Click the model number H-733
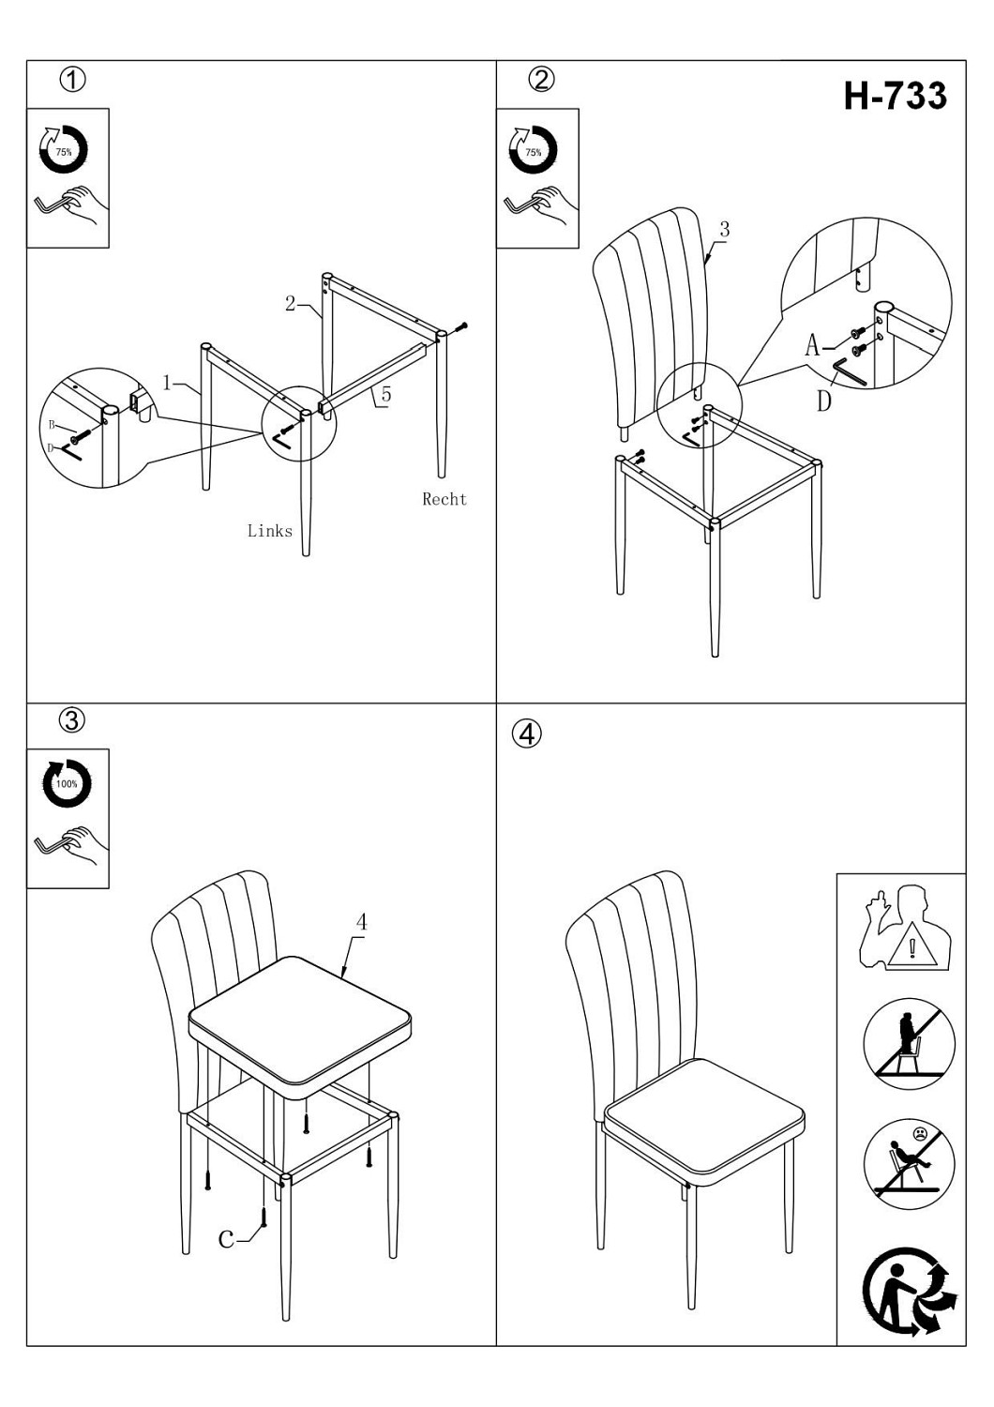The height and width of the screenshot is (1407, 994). tap(895, 96)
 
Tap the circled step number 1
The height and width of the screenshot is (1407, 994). tap(72, 80)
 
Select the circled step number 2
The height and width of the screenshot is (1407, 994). tap(541, 80)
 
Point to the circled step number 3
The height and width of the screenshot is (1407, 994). tap(71, 719)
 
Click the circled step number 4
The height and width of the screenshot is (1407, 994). tap(527, 733)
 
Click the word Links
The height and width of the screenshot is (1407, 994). tap(270, 532)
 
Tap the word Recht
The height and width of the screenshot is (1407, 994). tap(444, 499)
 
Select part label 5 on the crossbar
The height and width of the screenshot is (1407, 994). tap(386, 395)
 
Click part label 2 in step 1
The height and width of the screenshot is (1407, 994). tap(290, 303)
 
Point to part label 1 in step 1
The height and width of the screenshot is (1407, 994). tap(167, 382)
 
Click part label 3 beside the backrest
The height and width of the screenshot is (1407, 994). tap(725, 229)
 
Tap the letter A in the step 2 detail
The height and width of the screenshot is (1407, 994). tap(812, 345)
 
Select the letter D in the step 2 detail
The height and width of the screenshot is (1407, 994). tap(824, 401)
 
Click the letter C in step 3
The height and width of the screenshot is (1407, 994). tap(226, 1239)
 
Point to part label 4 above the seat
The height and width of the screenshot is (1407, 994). tap(361, 922)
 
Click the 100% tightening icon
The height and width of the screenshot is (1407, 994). tap(68, 783)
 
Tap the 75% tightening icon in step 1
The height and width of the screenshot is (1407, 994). tap(64, 150)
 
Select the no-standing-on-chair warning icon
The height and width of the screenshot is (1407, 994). tap(909, 1044)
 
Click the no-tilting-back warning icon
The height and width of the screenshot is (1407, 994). tap(909, 1164)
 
